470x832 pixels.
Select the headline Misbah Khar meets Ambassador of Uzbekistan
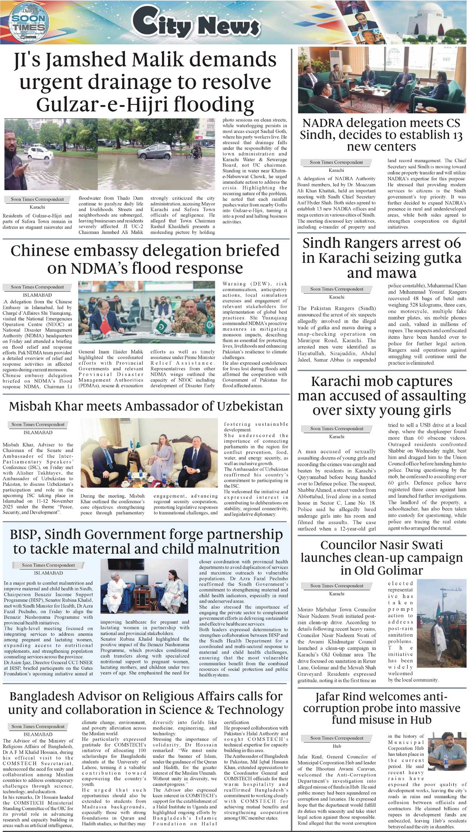146,406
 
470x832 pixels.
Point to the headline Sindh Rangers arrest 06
381,258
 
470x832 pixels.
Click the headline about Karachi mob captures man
381,396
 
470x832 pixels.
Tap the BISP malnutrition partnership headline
146,541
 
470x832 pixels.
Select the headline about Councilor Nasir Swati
381,557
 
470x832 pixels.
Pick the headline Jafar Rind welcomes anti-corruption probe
381,708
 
